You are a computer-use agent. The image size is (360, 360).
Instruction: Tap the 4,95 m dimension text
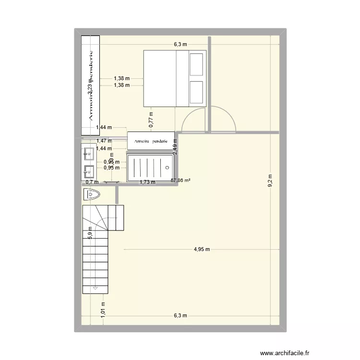click(x=202, y=249)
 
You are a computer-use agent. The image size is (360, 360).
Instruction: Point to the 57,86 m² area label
click(x=180, y=180)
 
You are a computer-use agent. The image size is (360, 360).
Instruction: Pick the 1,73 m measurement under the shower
click(x=147, y=182)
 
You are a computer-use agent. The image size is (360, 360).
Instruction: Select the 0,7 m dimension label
click(x=92, y=182)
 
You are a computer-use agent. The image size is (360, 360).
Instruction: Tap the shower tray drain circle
click(x=167, y=168)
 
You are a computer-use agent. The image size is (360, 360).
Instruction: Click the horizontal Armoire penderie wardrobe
click(x=151, y=141)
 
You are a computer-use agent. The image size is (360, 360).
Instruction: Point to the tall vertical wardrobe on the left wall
click(x=90, y=85)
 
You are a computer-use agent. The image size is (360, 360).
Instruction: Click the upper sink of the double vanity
click(x=89, y=154)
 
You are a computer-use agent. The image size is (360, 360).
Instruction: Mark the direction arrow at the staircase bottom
click(x=96, y=288)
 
